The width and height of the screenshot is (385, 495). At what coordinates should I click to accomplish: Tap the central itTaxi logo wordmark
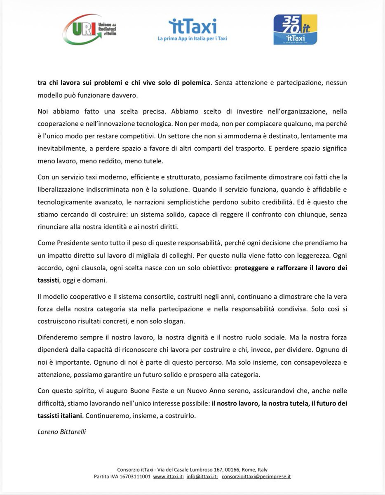(192, 26)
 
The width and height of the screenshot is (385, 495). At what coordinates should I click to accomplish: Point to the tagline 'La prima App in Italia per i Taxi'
(192, 39)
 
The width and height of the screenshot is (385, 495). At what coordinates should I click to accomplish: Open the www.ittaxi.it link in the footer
(167, 476)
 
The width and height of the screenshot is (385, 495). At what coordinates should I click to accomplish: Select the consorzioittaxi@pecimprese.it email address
(256, 476)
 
